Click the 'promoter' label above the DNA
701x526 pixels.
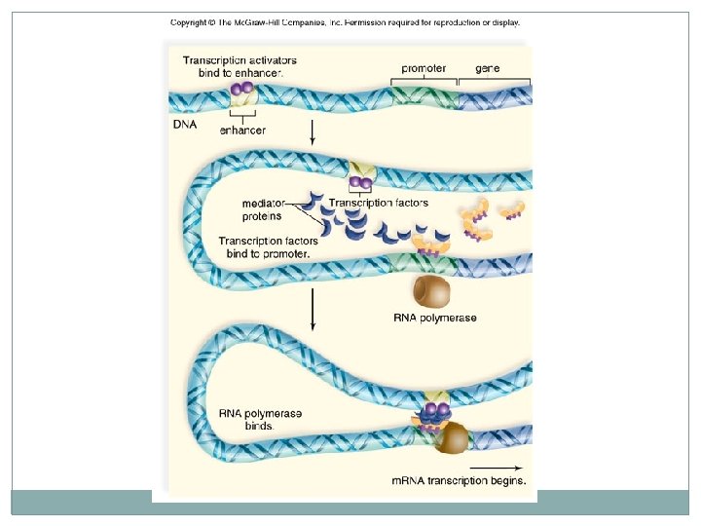(424, 68)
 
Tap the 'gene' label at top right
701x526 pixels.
(488, 68)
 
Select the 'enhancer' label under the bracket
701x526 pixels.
(242, 130)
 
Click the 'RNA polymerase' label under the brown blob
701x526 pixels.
(435, 318)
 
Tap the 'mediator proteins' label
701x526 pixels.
(262, 209)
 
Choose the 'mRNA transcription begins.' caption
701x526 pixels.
(459, 480)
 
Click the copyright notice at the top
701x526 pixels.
(346, 22)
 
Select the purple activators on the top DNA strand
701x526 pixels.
(241, 89)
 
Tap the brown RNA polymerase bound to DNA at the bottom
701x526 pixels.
(451, 440)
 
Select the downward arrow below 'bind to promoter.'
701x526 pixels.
(313, 310)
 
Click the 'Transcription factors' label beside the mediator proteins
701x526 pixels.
(378, 203)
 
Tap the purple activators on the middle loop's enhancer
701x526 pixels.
(360, 181)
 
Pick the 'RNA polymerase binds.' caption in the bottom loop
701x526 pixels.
(261, 420)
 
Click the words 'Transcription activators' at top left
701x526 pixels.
(240, 59)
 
